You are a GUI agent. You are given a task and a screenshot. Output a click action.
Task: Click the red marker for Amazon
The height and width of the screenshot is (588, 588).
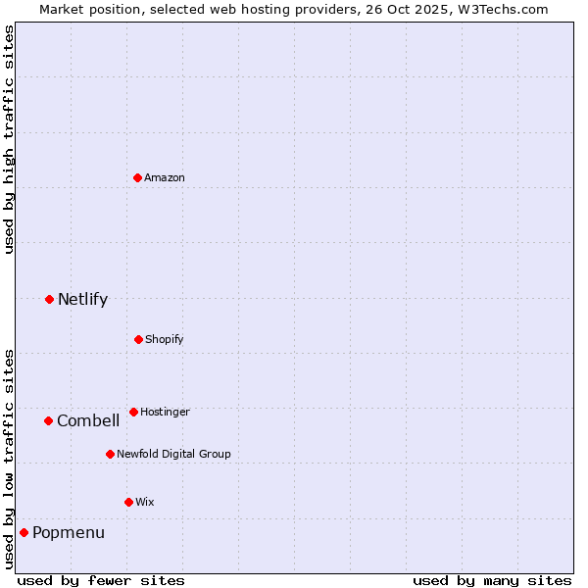(x=138, y=177)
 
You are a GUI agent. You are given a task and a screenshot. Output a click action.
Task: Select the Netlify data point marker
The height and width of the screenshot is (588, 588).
(x=49, y=299)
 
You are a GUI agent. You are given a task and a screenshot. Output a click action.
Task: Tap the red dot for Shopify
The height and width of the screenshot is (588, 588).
(x=138, y=339)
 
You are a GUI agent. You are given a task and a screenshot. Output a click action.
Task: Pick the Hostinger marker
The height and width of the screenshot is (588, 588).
(x=133, y=412)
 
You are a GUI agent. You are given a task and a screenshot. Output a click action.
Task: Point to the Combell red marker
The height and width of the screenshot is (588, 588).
(x=48, y=420)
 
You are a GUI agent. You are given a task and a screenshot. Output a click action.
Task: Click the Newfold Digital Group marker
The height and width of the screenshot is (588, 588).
(x=110, y=454)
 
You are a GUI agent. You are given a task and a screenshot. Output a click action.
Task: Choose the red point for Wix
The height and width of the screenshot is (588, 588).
(x=128, y=502)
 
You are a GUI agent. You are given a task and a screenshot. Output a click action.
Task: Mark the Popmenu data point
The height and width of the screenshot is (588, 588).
(x=24, y=532)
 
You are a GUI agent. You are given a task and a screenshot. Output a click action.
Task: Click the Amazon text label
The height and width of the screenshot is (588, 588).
(x=165, y=177)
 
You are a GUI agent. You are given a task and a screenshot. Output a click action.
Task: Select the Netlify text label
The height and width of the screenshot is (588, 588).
(x=82, y=299)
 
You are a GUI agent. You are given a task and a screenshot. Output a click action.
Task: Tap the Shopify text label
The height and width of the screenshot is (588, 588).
(x=165, y=339)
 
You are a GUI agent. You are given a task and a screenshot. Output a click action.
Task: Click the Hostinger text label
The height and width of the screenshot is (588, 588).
(x=165, y=412)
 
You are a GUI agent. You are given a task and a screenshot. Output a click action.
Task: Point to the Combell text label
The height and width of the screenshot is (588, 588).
(x=88, y=420)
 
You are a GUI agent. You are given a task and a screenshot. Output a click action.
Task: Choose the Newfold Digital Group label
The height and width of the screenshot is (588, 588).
(x=173, y=454)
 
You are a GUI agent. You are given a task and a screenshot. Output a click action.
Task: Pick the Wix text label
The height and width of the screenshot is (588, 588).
(x=145, y=502)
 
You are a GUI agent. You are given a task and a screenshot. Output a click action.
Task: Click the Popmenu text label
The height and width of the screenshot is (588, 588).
(x=69, y=532)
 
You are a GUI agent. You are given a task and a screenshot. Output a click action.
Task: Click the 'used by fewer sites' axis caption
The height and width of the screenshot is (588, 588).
(x=101, y=580)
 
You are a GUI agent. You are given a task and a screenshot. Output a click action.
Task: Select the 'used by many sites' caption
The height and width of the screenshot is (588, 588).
(x=492, y=580)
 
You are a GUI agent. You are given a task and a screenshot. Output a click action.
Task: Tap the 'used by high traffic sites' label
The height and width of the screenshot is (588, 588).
(x=9, y=139)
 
